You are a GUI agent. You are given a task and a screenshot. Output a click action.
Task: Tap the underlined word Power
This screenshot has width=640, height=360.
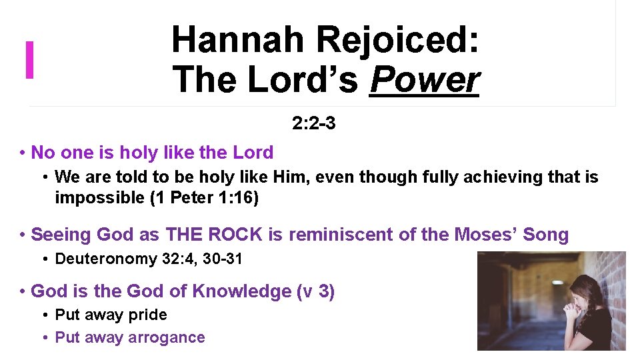pyautogui.click(x=425, y=80)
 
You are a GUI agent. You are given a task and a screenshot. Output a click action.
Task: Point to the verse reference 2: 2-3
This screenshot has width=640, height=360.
pyautogui.click(x=313, y=123)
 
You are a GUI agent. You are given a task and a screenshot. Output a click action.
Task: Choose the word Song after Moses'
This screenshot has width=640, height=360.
pyautogui.click(x=545, y=235)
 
